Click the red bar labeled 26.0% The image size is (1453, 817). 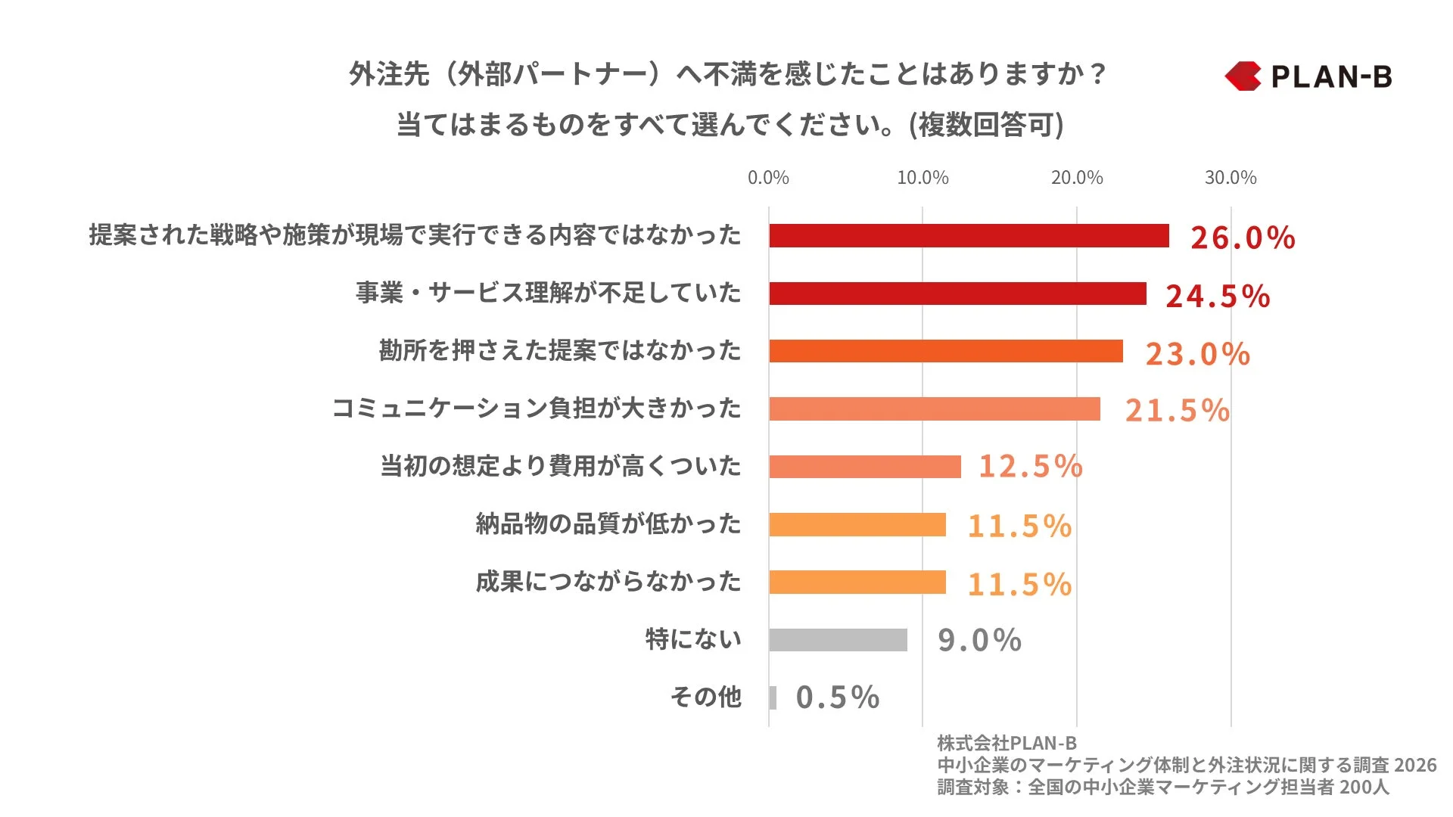pyautogui.click(x=969, y=235)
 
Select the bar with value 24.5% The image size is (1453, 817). pyautogui.click(x=957, y=294)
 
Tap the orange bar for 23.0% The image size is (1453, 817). pyautogui.click(x=946, y=351)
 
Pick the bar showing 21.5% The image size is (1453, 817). pyautogui.click(x=935, y=409)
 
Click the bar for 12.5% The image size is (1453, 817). pyautogui.click(x=865, y=467)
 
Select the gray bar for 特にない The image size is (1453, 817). pyautogui.click(x=838, y=640)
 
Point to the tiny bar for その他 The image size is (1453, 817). pyautogui.click(x=773, y=697)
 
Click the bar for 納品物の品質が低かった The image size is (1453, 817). pyautogui.click(x=857, y=524)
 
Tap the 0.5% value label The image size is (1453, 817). pyautogui.click(x=837, y=697)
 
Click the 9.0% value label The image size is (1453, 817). pyautogui.click(x=979, y=640)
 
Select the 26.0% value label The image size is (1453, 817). pyautogui.click(x=1243, y=238)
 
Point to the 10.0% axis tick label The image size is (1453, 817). pyautogui.click(x=923, y=178)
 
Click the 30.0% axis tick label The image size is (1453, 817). pyautogui.click(x=1231, y=178)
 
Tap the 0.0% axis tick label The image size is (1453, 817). pyautogui.click(x=768, y=178)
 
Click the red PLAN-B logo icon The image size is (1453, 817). pyautogui.click(x=1243, y=76)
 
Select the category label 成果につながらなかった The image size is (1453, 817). pyautogui.click(x=608, y=582)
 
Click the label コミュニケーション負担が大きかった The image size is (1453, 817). pyautogui.click(x=537, y=408)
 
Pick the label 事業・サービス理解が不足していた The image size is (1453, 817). pyautogui.click(x=549, y=293)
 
